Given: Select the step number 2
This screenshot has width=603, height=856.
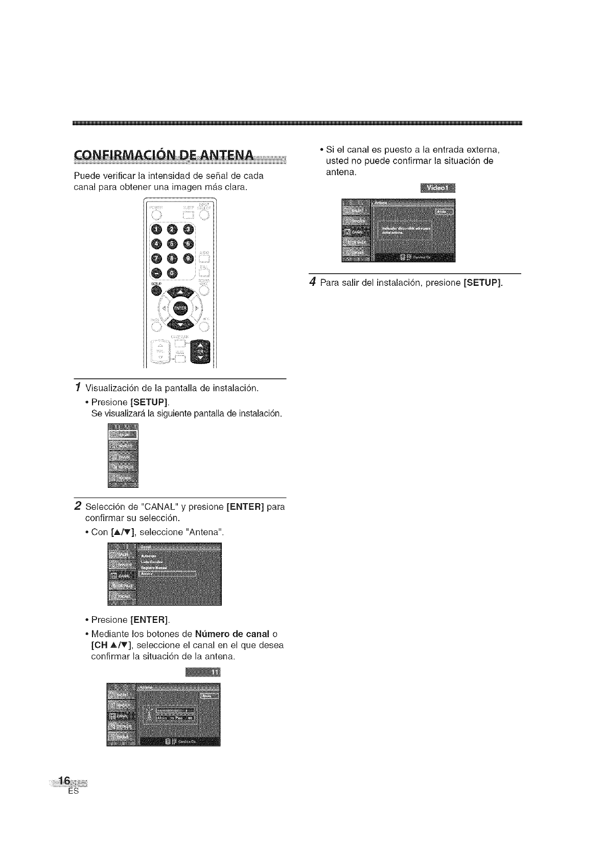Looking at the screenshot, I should pos(77,506).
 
